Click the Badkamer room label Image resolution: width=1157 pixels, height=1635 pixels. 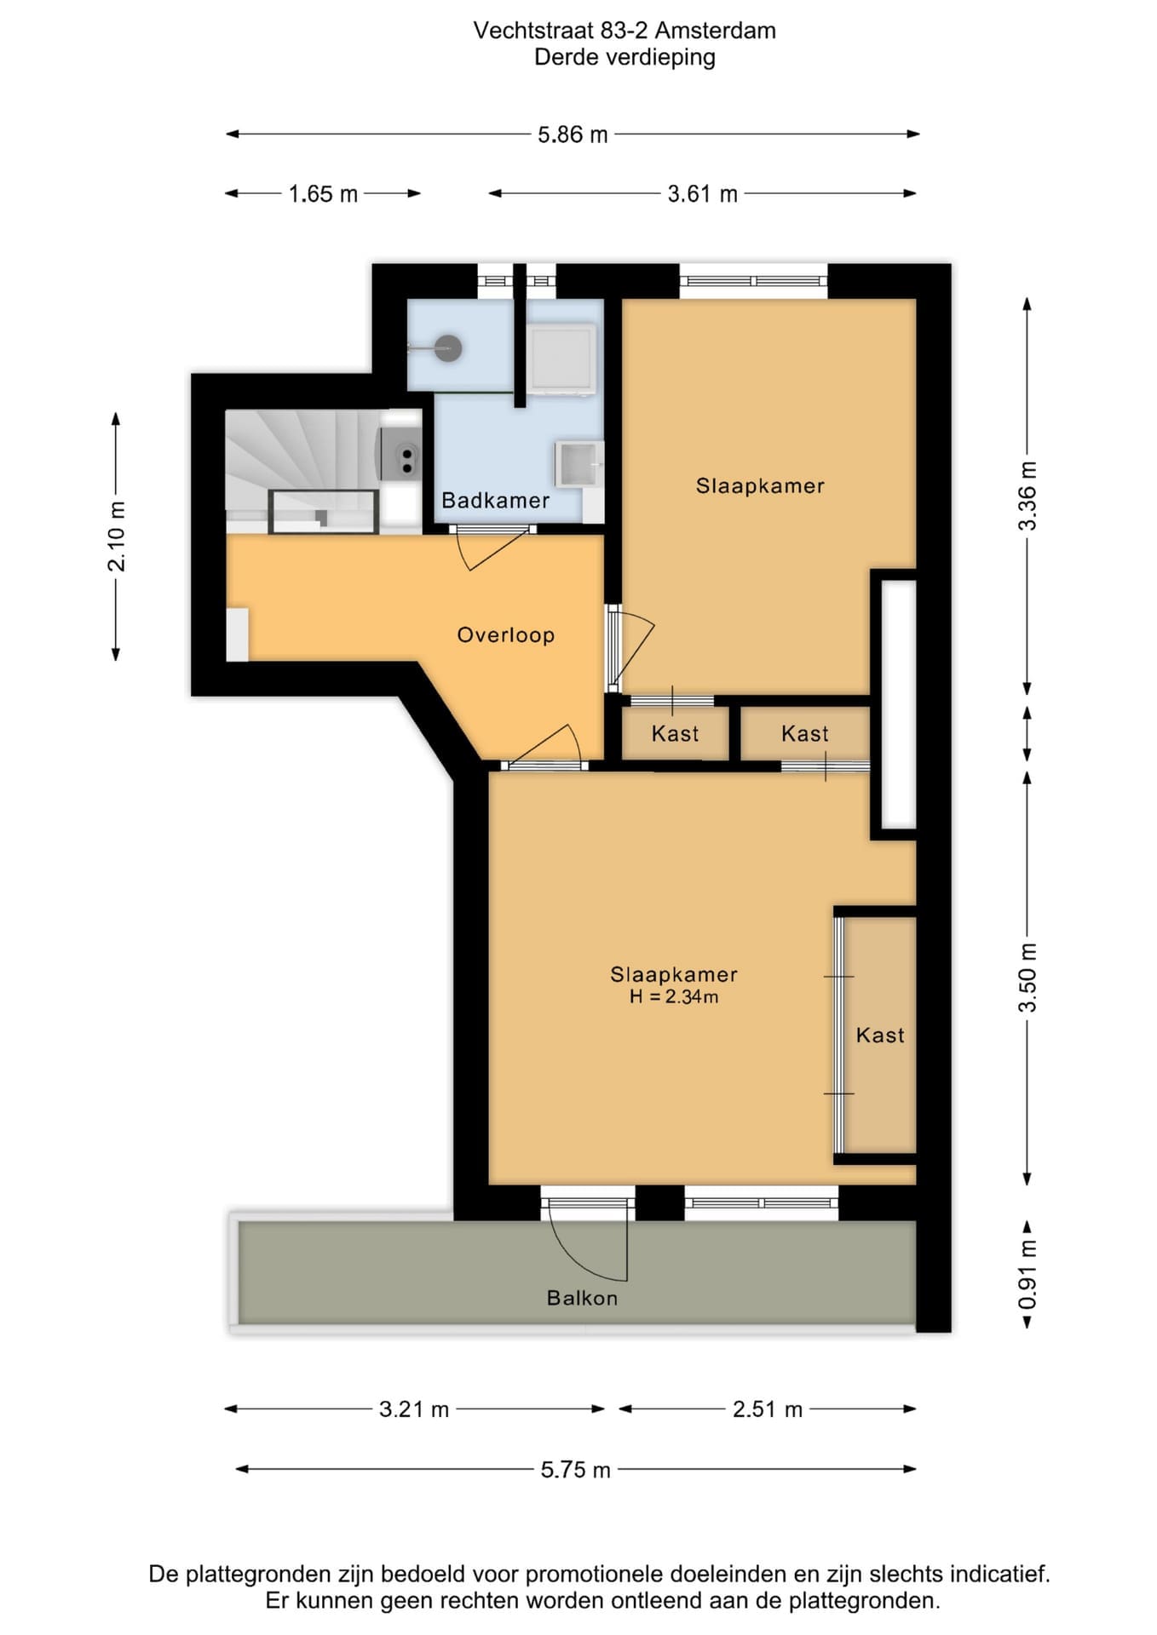495,500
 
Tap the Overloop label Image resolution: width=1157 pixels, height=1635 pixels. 506,634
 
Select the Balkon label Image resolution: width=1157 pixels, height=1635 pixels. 582,1298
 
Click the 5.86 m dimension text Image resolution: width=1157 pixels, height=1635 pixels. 573,135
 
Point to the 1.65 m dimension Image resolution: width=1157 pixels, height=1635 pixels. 323,194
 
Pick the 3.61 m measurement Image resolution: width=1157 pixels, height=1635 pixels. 702,194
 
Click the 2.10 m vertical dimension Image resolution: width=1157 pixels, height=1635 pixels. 117,536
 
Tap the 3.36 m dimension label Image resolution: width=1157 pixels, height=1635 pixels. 1028,496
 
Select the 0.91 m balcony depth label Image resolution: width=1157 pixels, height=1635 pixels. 1028,1275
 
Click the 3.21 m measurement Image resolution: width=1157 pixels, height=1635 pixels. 414,1409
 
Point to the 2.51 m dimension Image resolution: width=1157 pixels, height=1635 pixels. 768,1409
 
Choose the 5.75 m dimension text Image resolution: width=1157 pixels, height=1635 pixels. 576,1470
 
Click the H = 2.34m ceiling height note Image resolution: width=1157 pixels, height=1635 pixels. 674,996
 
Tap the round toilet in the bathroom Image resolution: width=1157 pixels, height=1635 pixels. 448,347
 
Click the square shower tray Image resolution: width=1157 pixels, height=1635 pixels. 560,359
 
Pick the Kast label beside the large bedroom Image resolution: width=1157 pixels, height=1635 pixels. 880,1035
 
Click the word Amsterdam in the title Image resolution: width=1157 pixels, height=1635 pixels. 716,31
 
